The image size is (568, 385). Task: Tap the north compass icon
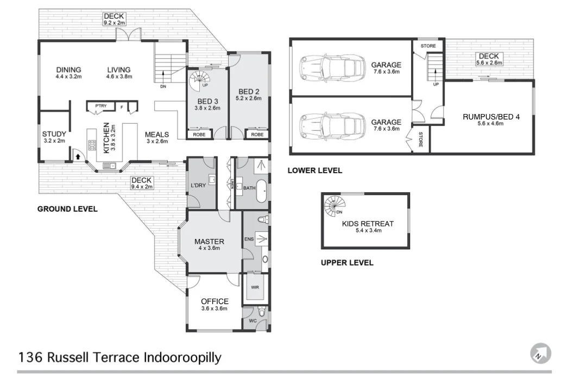point(540,354)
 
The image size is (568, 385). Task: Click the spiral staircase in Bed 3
point(199,83)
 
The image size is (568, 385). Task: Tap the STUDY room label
point(54,134)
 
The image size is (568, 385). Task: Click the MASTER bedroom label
point(210,242)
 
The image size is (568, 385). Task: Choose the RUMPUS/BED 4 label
point(483,117)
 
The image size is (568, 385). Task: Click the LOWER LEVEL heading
point(315,171)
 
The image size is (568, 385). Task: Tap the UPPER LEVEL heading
point(347,263)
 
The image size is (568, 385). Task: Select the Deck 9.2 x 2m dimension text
point(114,23)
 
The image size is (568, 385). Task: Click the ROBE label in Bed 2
point(257,135)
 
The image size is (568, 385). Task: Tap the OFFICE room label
point(214,301)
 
